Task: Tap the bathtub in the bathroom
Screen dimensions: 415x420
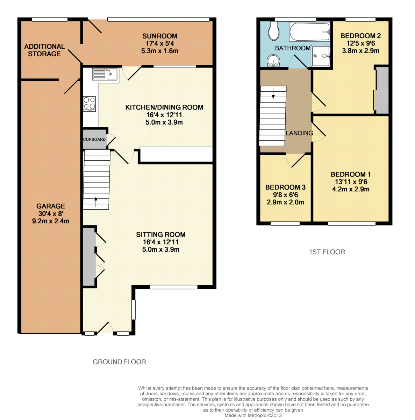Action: pos(309,32)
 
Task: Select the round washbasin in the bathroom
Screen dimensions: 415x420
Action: pos(272,61)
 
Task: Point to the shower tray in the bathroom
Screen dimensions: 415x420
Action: pos(321,56)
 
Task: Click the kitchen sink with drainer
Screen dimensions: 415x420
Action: pos(104,74)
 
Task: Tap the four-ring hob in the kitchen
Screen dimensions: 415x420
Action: pos(89,104)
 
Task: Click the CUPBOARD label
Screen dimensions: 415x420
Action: pos(94,139)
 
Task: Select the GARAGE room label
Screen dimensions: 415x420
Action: pos(50,206)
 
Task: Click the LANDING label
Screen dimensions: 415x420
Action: pos(299,133)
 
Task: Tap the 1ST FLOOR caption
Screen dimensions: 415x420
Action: pos(327,252)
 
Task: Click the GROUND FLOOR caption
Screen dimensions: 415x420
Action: pos(119,362)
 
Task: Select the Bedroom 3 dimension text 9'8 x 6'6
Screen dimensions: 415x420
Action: pos(285,195)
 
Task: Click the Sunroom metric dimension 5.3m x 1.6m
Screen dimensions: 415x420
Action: pos(159,51)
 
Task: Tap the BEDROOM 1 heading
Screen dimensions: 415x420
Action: pos(351,174)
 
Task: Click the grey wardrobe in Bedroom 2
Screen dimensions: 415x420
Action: pos(382,90)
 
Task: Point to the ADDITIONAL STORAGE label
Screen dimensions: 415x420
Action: pos(44,50)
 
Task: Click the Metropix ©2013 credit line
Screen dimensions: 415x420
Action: pos(253,415)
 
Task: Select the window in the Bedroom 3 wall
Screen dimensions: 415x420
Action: pos(285,223)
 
